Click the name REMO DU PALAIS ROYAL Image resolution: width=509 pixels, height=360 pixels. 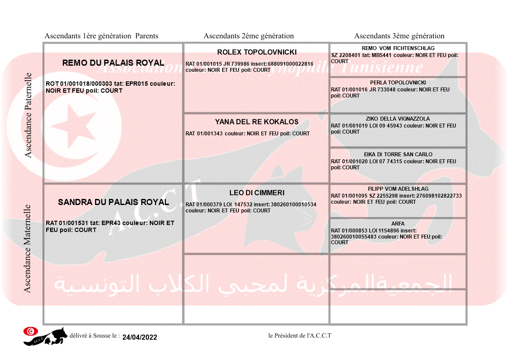click(x=113, y=63)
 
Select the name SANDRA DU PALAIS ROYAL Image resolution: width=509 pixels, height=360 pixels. click(x=113, y=202)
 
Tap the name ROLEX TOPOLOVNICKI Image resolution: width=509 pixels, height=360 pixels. click(x=257, y=52)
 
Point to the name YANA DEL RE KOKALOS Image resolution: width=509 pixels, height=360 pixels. click(x=257, y=122)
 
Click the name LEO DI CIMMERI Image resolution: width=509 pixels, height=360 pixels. click(x=257, y=193)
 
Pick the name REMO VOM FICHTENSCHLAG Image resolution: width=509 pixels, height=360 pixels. click(x=398, y=48)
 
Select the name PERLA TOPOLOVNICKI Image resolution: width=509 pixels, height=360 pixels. click(x=398, y=83)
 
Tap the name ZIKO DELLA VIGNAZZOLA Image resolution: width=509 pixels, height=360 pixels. click(x=398, y=119)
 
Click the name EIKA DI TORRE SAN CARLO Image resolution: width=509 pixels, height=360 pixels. click(x=398, y=155)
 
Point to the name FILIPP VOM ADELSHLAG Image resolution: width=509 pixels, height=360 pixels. click(x=398, y=189)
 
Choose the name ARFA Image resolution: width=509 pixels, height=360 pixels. click(x=398, y=224)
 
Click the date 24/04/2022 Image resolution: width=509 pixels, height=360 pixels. click(x=140, y=337)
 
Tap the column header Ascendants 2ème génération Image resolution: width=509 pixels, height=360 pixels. click(x=249, y=36)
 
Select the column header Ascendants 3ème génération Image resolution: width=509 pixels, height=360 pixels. click(x=399, y=36)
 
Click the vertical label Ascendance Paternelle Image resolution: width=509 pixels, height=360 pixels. click(x=28, y=115)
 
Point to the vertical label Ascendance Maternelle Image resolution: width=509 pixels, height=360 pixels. click(x=27, y=249)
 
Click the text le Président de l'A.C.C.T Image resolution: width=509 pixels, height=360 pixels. click(x=300, y=335)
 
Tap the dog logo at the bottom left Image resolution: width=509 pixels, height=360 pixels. click(x=46, y=336)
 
